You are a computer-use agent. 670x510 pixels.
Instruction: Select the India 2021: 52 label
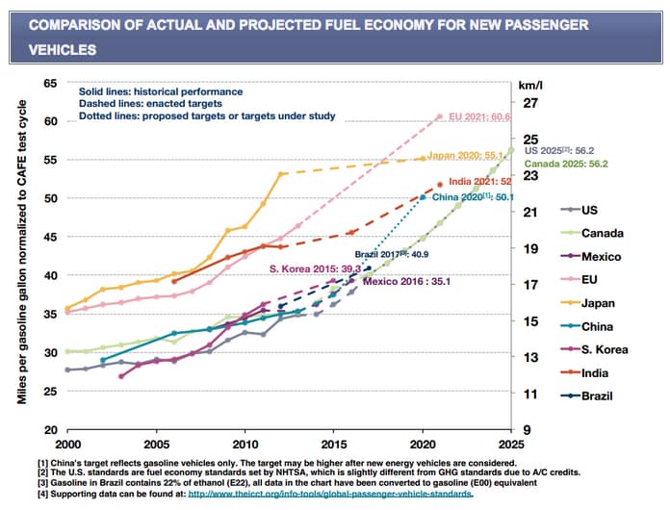click(x=478, y=181)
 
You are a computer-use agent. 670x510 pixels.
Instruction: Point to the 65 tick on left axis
click(x=49, y=84)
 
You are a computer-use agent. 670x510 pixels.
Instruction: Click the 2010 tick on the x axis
click(x=245, y=445)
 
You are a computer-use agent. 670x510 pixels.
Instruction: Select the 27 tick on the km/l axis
click(x=529, y=103)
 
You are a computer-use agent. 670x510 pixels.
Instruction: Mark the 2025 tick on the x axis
click(x=512, y=445)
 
